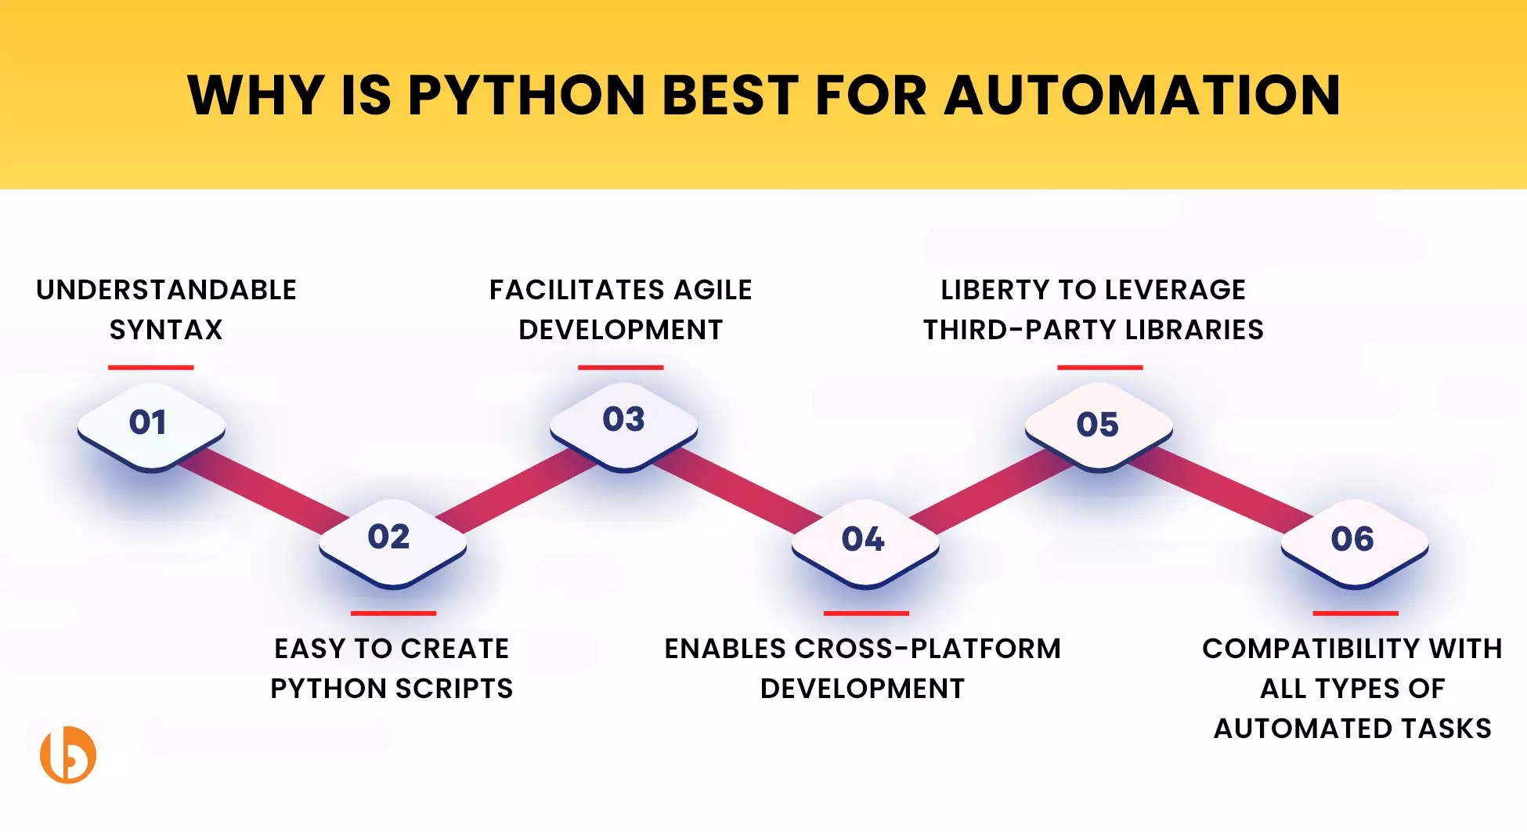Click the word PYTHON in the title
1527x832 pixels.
(525, 96)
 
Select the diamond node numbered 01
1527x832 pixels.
(150, 425)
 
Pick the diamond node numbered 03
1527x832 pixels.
(623, 423)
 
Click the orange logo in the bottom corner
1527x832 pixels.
(68, 754)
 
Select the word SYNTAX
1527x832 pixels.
(166, 330)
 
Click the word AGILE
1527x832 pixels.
(712, 290)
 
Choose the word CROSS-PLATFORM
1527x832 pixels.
(927, 649)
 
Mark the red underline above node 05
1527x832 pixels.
(1099, 367)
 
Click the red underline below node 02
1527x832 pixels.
(393, 613)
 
